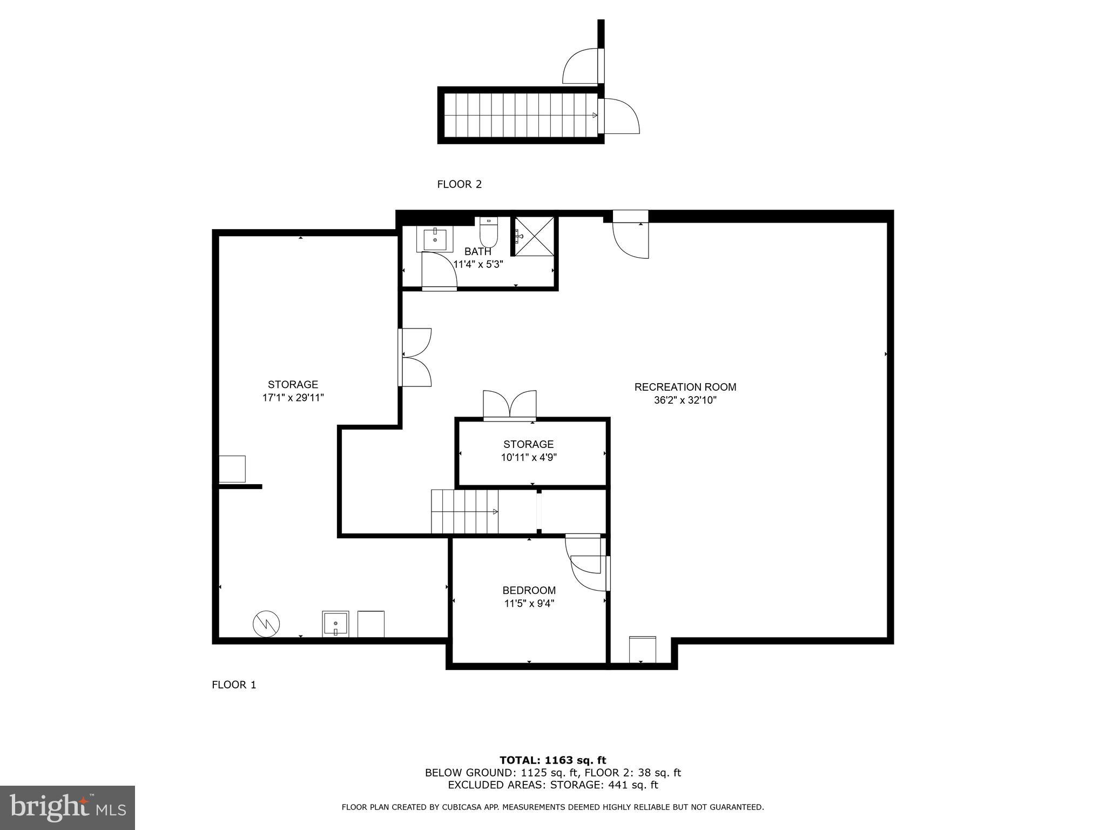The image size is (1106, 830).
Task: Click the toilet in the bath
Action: pyautogui.click(x=488, y=232)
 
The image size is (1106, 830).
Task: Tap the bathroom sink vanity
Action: pyautogui.click(x=435, y=239)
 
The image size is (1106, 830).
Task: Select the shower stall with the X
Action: pyautogui.click(x=534, y=236)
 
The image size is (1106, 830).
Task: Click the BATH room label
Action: pyautogui.click(x=478, y=252)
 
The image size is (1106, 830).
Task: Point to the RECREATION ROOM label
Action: pyautogui.click(x=685, y=387)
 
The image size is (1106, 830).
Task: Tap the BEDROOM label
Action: pyautogui.click(x=529, y=591)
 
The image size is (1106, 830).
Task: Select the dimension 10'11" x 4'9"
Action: pyautogui.click(x=529, y=458)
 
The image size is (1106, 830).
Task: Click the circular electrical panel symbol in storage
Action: pyautogui.click(x=266, y=624)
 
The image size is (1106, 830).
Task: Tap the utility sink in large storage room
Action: pyautogui.click(x=335, y=624)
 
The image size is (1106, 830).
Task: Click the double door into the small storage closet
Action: pyautogui.click(x=509, y=405)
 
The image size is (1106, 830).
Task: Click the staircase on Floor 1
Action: pyautogui.click(x=464, y=512)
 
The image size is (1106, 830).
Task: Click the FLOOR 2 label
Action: pyautogui.click(x=459, y=184)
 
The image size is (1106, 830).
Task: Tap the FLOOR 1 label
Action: pyautogui.click(x=234, y=685)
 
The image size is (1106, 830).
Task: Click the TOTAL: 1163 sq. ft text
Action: pyautogui.click(x=552, y=761)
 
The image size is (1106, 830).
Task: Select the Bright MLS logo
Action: pyautogui.click(x=68, y=807)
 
